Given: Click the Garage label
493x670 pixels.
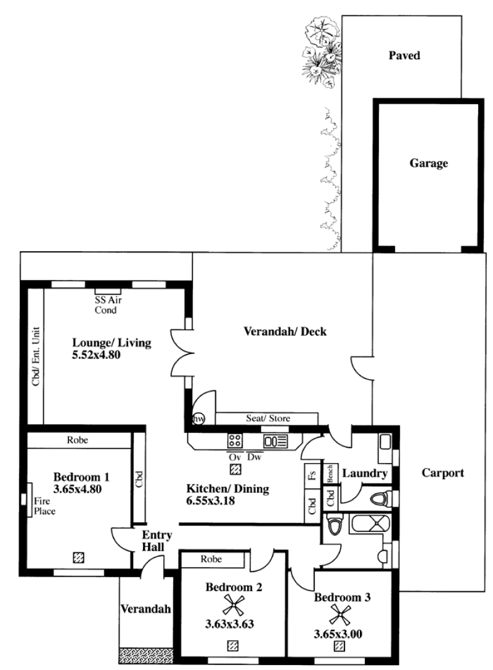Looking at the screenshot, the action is click(428, 163).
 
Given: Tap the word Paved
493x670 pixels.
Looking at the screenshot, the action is click(404, 55).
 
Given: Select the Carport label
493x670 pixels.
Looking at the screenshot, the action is click(442, 472).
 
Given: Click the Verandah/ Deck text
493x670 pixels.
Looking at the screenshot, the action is click(285, 331).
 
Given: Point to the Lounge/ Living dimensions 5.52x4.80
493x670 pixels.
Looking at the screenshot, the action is click(96, 355).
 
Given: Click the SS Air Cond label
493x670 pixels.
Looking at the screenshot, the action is click(108, 305).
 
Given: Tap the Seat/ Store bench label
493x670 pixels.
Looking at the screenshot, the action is click(267, 418).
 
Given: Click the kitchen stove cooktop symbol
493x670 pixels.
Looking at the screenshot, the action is click(235, 440).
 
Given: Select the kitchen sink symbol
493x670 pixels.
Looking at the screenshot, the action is click(276, 441).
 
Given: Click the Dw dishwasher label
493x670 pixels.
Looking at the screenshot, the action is click(255, 457).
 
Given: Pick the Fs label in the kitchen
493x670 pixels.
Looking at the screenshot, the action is click(312, 475).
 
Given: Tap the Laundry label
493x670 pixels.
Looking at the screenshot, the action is click(365, 474).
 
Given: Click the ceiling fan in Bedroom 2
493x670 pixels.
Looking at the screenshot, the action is click(234, 606).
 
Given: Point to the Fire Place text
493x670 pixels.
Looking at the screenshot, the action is click(44, 506).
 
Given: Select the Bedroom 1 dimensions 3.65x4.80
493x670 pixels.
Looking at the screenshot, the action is click(78, 489).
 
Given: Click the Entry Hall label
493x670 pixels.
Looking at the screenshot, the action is click(157, 541).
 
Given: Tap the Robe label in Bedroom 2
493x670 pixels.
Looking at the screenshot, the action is click(211, 559).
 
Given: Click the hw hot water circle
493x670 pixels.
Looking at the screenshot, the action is click(198, 419).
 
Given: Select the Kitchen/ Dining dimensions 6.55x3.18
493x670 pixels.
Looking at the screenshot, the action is click(210, 501).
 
